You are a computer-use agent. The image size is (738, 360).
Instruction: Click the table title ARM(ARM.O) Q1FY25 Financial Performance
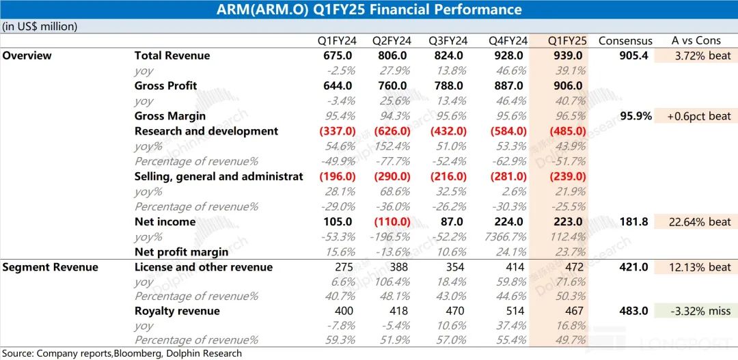[369, 10]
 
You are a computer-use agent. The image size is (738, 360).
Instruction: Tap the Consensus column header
[625, 40]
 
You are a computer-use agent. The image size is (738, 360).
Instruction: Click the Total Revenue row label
[172, 55]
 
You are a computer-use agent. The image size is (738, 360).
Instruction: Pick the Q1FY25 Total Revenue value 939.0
[566, 55]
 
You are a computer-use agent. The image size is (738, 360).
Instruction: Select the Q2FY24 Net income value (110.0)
[390, 221]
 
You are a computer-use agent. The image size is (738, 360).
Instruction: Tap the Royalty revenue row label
[177, 311]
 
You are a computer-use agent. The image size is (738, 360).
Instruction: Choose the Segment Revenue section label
[50, 267]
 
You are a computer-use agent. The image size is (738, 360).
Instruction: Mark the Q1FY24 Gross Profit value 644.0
[338, 85]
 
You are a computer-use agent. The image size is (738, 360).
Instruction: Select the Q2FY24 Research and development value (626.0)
[390, 130]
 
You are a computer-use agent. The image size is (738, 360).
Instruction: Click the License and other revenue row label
[204, 267]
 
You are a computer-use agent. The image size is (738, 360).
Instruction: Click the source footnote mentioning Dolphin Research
[121, 353]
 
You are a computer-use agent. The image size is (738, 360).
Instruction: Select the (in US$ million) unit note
[40, 26]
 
